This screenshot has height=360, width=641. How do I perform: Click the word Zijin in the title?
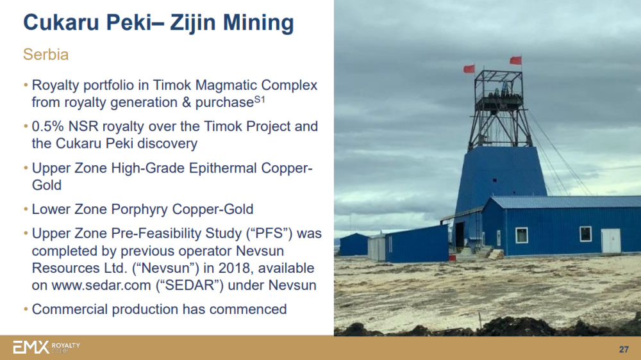click(x=192, y=23)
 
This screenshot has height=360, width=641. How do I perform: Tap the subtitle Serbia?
click(x=46, y=54)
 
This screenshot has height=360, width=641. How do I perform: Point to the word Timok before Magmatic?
click(x=172, y=85)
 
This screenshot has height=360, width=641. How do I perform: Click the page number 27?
click(x=624, y=349)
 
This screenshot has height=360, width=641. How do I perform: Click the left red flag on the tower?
click(x=469, y=69)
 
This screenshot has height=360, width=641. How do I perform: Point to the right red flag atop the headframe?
click(x=515, y=60)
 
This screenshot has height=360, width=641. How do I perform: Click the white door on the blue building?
click(x=611, y=241)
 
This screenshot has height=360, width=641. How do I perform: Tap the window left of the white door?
click(x=585, y=234)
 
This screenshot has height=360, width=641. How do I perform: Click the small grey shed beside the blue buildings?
click(x=376, y=248)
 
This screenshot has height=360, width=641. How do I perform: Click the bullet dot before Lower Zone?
click(x=26, y=209)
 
